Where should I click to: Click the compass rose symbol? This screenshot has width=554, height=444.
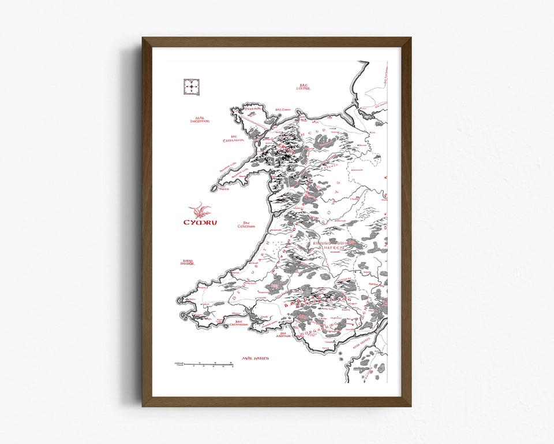[191, 87]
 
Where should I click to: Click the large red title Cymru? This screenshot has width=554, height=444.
[200, 223]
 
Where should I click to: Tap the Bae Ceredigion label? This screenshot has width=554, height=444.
[246, 224]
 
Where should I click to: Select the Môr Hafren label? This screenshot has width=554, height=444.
[256, 358]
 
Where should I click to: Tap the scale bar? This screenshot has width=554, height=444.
[202, 364]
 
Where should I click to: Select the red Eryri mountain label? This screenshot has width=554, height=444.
[287, 147]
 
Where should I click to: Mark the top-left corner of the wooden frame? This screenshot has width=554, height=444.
[143, 38]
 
